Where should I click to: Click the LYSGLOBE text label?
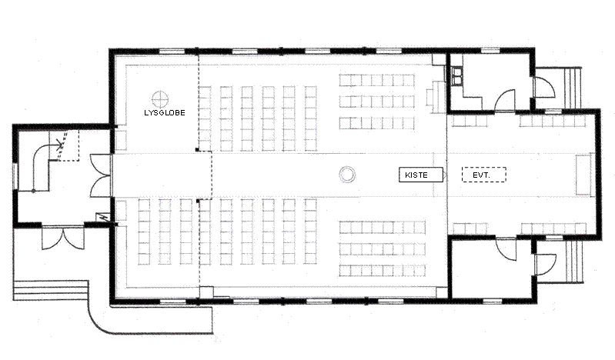point(165,113)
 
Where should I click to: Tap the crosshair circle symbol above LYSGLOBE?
point(160,99)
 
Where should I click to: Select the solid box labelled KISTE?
point(421,175)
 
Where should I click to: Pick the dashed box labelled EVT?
point(484,175)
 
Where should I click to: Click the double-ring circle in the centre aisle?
point(347,175)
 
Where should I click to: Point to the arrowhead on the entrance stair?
point(60,146)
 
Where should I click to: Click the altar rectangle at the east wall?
point(583,175)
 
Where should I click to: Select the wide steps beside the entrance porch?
point(50,290)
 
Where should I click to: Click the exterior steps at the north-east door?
point(572,88)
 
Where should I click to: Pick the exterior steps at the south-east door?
point(574,261)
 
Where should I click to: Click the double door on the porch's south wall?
point(63,238)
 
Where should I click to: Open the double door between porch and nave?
point(100,175)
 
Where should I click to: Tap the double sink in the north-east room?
point(456,76)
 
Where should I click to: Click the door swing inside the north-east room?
point(505,101)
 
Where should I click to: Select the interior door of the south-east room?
point(506,248)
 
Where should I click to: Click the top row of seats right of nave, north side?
point(376,81)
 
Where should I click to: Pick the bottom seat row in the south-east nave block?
point(383,271)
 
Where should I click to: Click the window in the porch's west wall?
point(15,175)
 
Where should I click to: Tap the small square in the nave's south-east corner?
point(442,292)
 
